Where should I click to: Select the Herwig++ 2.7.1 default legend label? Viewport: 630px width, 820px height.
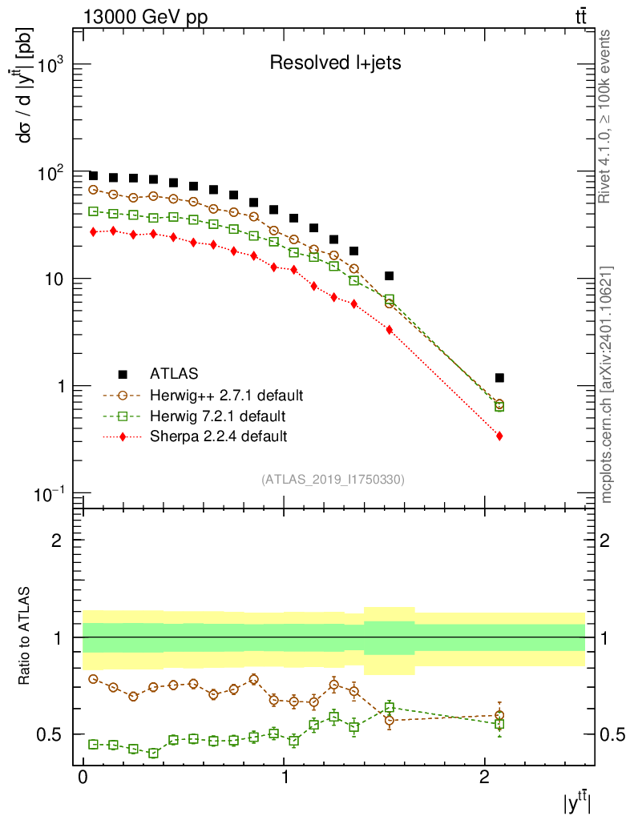tap(226, 396)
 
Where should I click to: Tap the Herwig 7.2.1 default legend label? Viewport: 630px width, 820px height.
tap(216, 416)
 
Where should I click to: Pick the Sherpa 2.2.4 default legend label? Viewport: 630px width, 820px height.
tap(218, 436)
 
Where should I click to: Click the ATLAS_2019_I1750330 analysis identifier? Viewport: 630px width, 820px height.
tap(332, 480)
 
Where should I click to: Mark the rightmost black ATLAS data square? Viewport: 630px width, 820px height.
tap(499, 377)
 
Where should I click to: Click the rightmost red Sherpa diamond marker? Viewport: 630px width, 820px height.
tap(499, 436)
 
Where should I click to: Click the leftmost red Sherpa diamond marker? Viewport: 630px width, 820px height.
tap(94, 231)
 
